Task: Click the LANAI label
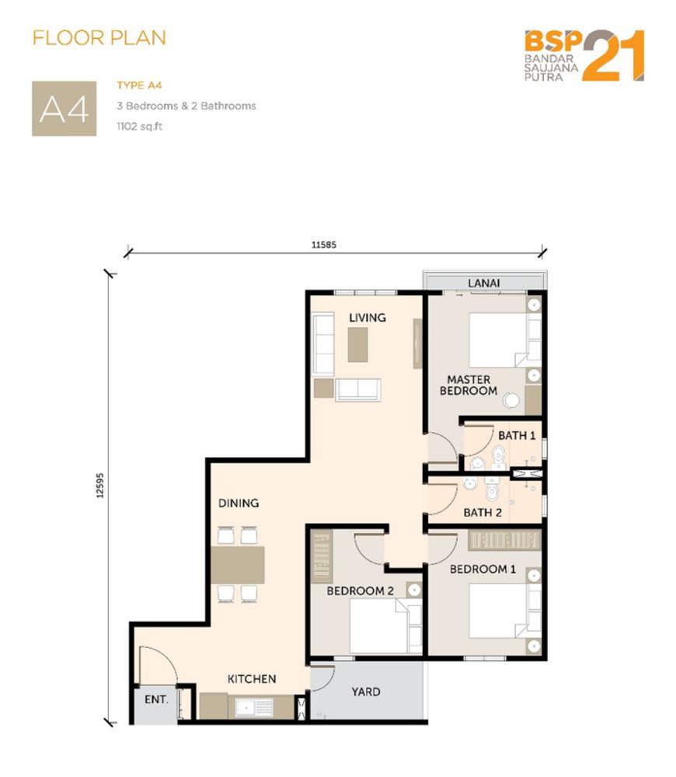click(x=484, y=283)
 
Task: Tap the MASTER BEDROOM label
click(x=469, y=385)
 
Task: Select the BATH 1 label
click(x=517, y=436)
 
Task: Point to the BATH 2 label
click(x=483, y=512)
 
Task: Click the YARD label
click(x=366, y=692)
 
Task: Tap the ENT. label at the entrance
click(x=156, y=700)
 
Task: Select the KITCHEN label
click(x=252, y=679)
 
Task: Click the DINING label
click(x=239, y=503)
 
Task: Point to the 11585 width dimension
click(x=324, y=244)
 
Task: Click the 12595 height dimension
click(x=100, y=486)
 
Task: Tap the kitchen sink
click(x=254, y=707)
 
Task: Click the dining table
click(x=238, y=565)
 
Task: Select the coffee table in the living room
click(x=358, y=345)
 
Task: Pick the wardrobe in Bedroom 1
click(x=504, y=540)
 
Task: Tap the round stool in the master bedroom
click(x=511, y=400)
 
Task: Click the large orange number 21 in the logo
click(x=613, y=55)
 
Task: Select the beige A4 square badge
click(x=64, y=109)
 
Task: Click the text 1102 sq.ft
click(x=140, y=127)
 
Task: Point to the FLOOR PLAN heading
click(x=99, y=38)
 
